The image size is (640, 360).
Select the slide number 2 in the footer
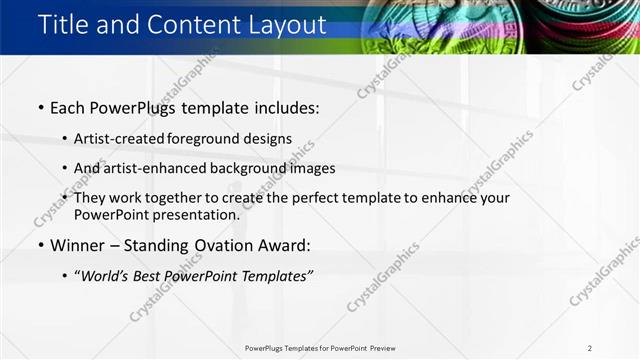pyautogui.click(x=590, y=348)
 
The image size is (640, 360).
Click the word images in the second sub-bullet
pyautogui.click(x=312, y=169)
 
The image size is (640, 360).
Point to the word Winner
pyautogui.click(x=78, y=245)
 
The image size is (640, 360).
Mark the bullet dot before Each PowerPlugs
pyautogui.click(x=40, y=107)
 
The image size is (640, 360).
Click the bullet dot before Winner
pyautogui.click(x=40, y=245)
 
